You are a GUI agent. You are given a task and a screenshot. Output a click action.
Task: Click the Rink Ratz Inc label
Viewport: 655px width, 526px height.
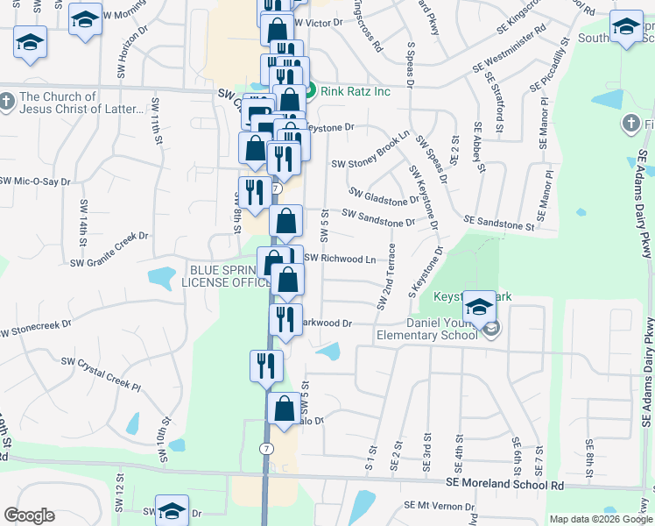(354, 89)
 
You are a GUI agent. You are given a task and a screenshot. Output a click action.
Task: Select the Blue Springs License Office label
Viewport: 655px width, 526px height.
(226, 276)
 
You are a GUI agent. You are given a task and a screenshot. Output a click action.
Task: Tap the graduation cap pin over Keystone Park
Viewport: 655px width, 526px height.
(479, 308)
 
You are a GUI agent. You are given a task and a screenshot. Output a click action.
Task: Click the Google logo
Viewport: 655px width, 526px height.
(29, 515)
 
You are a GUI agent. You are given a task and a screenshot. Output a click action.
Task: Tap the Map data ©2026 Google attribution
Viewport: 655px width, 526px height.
(601, 519)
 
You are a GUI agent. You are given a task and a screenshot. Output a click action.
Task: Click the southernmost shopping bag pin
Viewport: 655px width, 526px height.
(284, 409)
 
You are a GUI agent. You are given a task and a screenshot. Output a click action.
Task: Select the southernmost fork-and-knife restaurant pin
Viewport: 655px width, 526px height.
(266, 366)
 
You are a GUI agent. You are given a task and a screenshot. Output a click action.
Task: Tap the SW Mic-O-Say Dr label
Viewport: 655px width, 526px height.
(35, 180)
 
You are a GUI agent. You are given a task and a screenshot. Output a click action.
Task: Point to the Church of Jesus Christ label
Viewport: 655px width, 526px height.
(81, 103)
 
